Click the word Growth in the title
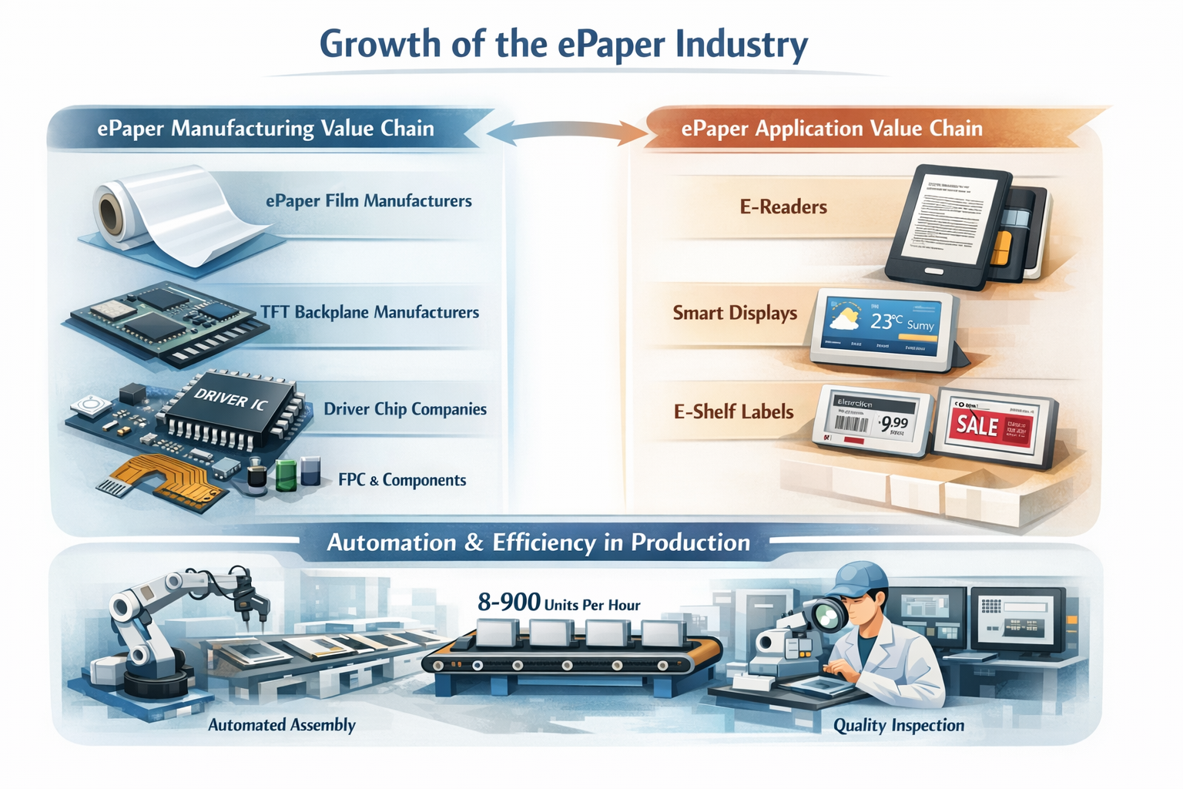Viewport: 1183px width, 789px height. tap(380, 44)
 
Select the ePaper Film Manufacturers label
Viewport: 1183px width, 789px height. tap(368, 201)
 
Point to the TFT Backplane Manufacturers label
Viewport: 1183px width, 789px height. tap(370, 312)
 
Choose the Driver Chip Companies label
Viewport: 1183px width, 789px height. tap(404, 409)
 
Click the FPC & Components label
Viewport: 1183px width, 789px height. tap(402, 480)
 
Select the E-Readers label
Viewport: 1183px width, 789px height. tap(783, 206)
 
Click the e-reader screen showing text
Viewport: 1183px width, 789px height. tap(951, 220)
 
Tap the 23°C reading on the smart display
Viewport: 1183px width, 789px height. tap(885, 321)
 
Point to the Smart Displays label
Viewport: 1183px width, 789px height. tap(735, 313)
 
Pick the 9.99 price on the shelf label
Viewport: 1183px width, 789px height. tap(894, 422)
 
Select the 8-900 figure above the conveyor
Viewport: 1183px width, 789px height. tap(508, 601)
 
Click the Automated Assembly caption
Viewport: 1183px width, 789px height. tap(282, 725)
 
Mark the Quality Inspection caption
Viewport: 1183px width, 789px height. tap(898, 725)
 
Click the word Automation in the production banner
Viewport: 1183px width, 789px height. tap(391, 542)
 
